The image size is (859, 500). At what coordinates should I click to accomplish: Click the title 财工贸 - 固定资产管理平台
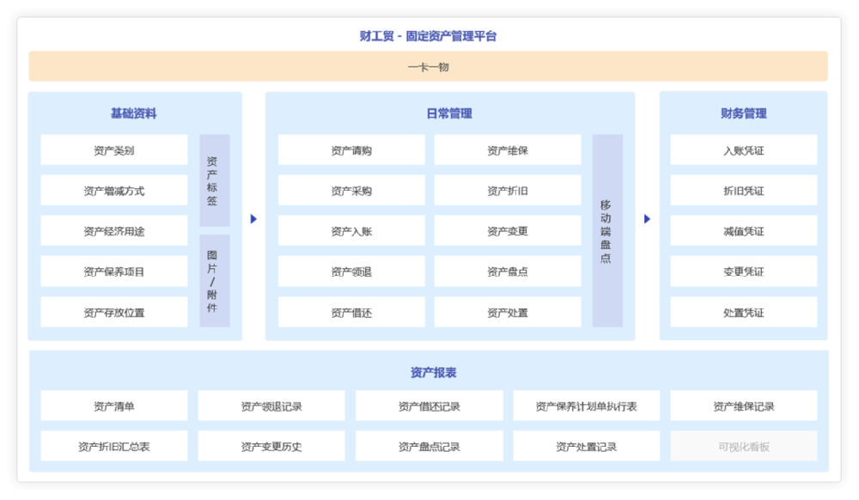[428, 36]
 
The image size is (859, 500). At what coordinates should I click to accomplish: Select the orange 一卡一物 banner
[428, 66]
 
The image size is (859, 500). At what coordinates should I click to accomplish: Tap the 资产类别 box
[114, 150]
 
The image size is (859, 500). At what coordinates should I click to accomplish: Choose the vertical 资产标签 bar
[214, 180]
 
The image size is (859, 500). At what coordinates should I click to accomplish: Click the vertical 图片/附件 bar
[214, 281]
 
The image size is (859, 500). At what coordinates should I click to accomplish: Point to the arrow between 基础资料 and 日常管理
[253, 218]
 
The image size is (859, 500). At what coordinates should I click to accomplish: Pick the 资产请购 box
[351, 150]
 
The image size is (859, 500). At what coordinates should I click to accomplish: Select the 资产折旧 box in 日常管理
[508, 191]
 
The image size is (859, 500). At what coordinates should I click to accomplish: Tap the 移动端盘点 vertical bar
[607, 230]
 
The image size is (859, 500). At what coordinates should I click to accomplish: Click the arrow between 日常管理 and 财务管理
[647, 218]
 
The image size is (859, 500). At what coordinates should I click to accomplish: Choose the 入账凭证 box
[743, 150]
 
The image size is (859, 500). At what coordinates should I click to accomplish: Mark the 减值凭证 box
[743, 230]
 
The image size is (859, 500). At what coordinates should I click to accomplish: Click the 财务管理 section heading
[743, 113]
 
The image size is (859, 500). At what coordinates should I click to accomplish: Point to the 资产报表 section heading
[433, 372]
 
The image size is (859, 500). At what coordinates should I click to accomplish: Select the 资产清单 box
[114, 405]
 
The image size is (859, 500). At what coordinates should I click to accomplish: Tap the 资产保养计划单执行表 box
[586, 405]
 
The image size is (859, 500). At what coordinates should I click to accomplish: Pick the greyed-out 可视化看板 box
[743, 447]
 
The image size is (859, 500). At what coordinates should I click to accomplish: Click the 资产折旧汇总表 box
[114, 447]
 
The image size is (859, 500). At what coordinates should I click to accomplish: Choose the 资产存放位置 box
[114, 312]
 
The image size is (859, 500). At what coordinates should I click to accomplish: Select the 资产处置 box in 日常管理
[508, 312]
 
